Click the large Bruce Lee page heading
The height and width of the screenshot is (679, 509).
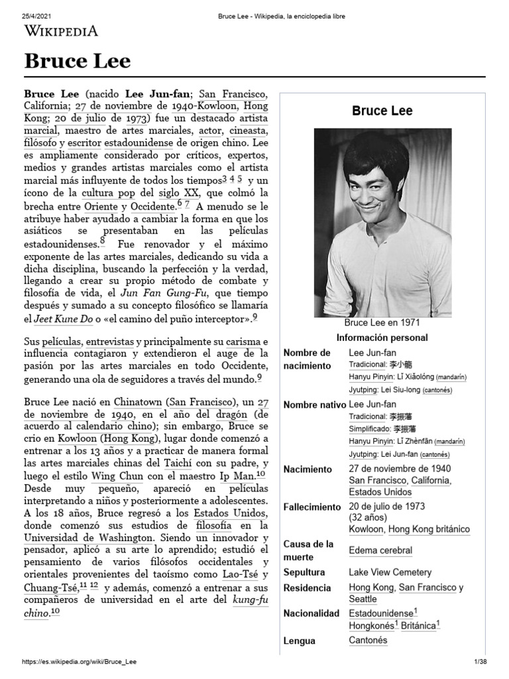tap(78, 62)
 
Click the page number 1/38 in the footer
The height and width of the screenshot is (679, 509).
tap(481, 662)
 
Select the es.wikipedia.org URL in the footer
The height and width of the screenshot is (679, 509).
tap(80, 662)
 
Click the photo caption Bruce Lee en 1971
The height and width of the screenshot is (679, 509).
tap(382, 323)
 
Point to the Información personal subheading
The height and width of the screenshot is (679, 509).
tap(382, 338)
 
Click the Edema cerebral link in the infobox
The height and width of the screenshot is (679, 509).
tap(380, 550)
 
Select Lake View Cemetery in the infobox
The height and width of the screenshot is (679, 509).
tap(390, 572)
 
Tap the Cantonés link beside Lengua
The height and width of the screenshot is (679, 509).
tap(368, 641)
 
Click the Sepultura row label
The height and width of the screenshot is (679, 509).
tap(304, 572)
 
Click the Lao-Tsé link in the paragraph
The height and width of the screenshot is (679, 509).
tap(237, 574)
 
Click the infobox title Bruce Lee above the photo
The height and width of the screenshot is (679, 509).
tap(382, 111)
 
